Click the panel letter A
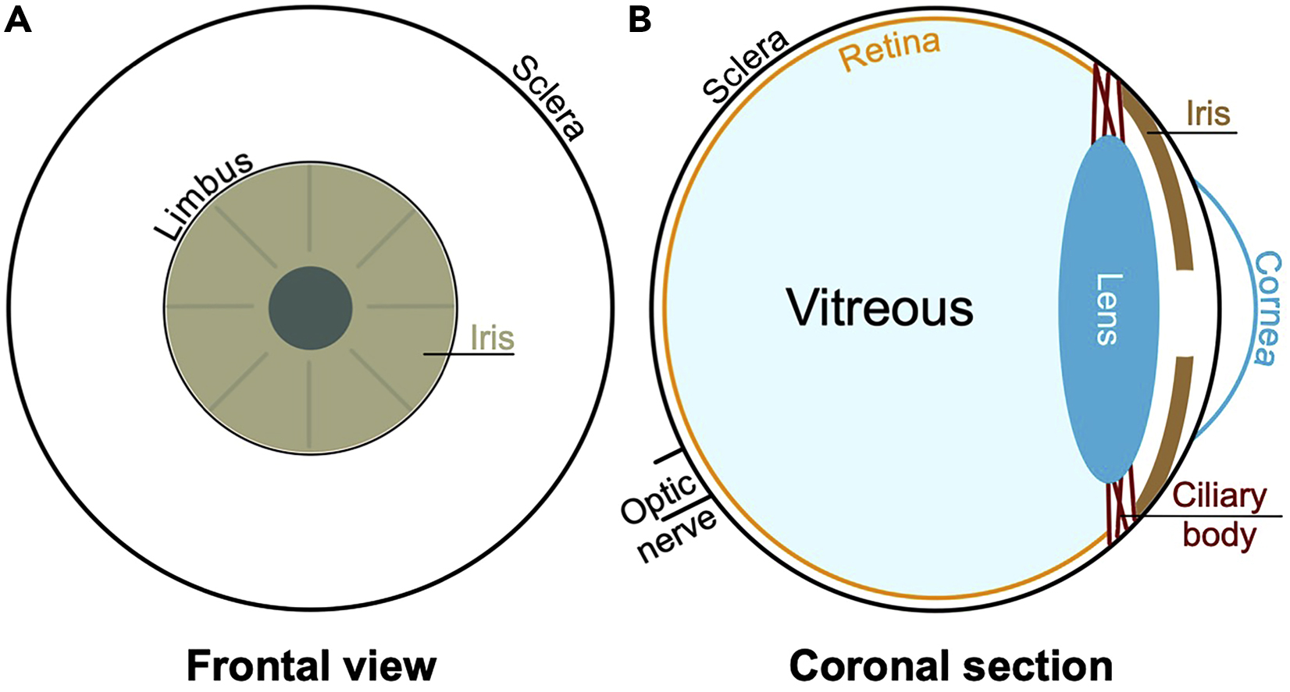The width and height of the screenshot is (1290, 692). pos(18,20)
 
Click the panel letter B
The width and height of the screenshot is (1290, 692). pos(640,20)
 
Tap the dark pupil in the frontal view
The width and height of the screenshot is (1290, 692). pos(310,308)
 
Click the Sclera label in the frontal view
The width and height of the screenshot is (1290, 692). pos(547,98)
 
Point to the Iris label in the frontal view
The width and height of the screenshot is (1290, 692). pos(492,338)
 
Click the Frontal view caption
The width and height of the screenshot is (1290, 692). pos(311,665)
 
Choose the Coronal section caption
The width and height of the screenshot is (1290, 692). pos(950,665)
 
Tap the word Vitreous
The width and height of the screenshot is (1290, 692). pos(879,307)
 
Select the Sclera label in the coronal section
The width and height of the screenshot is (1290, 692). pos(745,66)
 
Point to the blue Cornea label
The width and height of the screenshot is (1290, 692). pos(1267,307)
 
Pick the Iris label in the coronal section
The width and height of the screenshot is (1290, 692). pos(1207,114)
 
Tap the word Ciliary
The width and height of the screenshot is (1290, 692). pos(1219,495)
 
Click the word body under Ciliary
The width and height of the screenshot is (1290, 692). pos(1218,534)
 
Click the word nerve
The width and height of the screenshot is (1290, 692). pos(677,534)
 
